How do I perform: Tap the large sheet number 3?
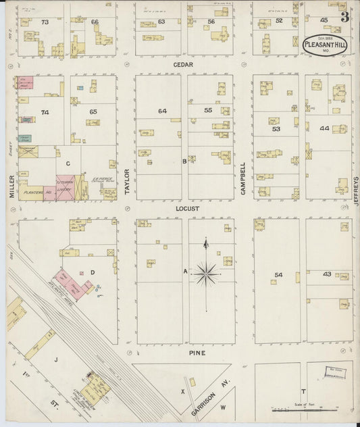tap(344, 17)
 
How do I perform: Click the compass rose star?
tap(207, 273)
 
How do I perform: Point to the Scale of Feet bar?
tap(294, 409)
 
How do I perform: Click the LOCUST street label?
tap(187, 209)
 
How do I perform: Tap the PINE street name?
tap(197, 353)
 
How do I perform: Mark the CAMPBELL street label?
tap(243, 178)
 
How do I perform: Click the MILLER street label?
tap(11, 185)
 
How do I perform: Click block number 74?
tap(45, 112)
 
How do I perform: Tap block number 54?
tap(278, 274)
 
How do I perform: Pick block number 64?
tap(162, 110)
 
